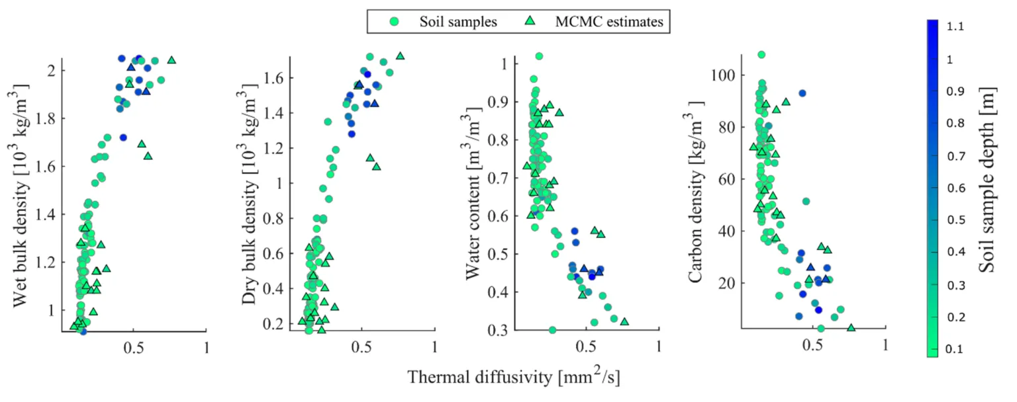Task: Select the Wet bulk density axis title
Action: [x=21, y=197]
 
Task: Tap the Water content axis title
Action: [x=475, y=197]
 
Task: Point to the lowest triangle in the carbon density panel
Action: [x=851, y=327]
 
